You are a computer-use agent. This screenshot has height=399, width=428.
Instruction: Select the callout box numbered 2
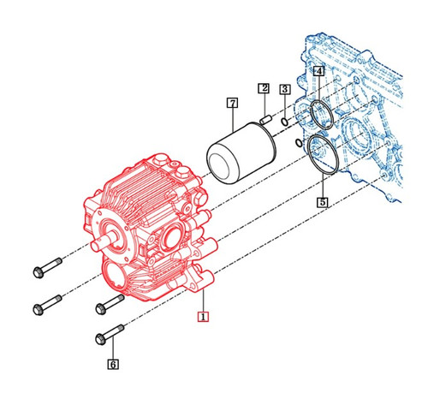tap(265, 88)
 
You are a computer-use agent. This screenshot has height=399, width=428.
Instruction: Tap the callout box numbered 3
tap(284, 88)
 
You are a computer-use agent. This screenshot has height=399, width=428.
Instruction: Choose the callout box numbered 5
tap(322, 203)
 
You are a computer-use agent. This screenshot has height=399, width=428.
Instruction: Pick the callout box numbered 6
tap(113, 364)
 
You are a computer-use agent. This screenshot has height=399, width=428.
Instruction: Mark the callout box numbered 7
tap(231, 103)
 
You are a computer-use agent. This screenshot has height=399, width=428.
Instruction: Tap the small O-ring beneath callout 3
tap(284, 122)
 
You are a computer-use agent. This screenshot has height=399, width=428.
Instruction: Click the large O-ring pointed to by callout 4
tap(319, 113)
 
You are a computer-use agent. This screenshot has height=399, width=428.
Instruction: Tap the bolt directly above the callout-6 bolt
tap(109, 302)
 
